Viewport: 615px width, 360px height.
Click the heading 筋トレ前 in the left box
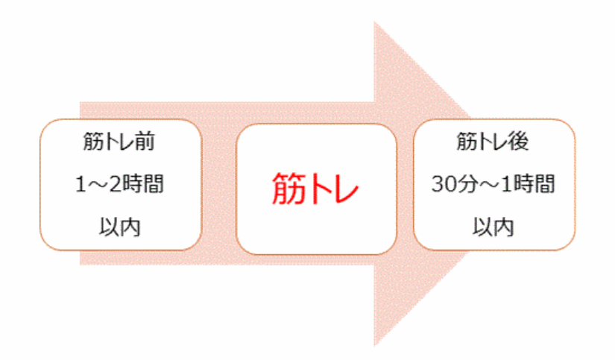tap(119, 142)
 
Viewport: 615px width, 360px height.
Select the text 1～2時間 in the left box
tap(119, 184)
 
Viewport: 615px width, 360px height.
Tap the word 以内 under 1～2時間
tap(119, 227)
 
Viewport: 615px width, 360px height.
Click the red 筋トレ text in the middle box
tap(315, 189)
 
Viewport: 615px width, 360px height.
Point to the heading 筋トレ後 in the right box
tap(493, 142)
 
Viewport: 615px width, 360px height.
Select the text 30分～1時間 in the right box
tap(493, 184)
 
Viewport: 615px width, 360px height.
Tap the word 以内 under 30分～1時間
tap(493, 227)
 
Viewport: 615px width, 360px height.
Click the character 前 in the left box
tap(145, 142)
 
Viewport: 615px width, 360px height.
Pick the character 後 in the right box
tap(519, 142)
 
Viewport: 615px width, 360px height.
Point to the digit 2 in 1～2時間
tap(115, 184)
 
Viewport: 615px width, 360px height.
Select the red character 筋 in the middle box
tap(288, 189)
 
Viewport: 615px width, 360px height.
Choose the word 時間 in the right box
tap(535, 184)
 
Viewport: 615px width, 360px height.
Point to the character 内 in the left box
tap(130, 227)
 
